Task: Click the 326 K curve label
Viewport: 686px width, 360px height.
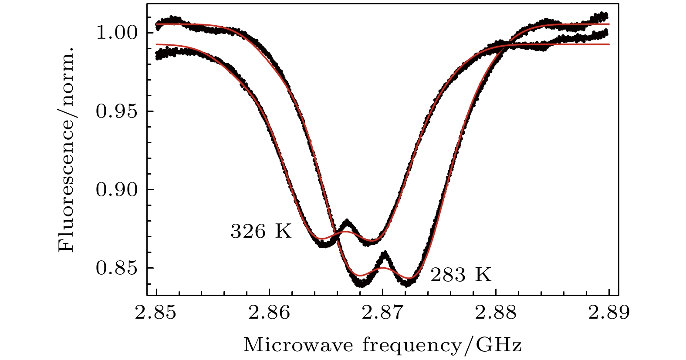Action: (x=260, y=232)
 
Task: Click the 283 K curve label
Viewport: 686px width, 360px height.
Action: (x=461, y=275)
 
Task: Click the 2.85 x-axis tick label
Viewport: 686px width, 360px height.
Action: (x=156, y=313)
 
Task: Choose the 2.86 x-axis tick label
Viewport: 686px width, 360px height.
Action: (x=270, y=313)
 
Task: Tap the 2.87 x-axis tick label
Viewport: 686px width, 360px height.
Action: (x=383, y=313)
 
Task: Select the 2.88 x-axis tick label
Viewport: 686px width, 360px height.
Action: (x=496, y=313)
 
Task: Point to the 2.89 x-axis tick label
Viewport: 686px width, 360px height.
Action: (x=609, y=313)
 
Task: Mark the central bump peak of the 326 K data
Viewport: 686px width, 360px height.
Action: (x=347, y=222)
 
